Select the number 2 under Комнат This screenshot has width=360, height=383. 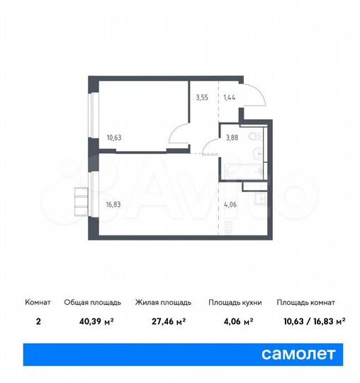pyautogui.click(x=38, y=321)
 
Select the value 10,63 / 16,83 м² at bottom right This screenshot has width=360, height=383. pyautogui.click(x=311, y=321)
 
